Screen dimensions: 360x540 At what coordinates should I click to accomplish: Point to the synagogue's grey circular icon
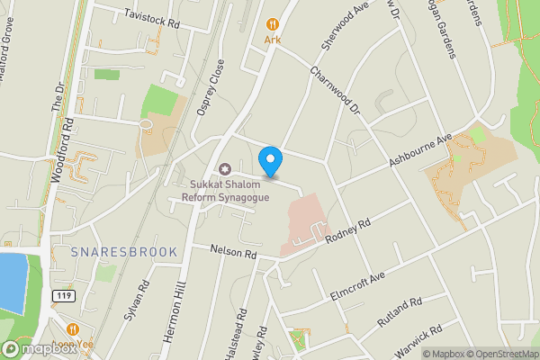click(224, 169)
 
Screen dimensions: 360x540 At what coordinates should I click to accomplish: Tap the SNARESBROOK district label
click(124, 253)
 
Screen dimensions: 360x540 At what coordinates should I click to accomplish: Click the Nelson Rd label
click(233, 252)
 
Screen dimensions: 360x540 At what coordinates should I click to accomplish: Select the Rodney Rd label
click(352, 230)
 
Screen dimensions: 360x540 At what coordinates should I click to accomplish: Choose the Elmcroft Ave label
click(358, 283)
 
